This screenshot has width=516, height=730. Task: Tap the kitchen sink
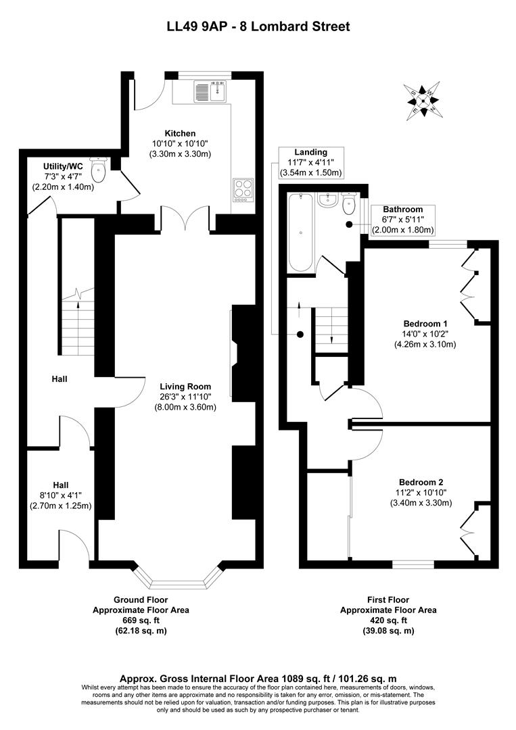(x=210, y=91)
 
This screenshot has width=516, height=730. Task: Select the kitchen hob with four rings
(x=243, y=190)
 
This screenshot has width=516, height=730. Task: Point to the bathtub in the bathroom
(x=300, y=232)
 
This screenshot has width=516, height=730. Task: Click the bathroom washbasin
(x=330, y=199)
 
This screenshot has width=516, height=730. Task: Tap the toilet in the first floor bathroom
(x=350, y=203)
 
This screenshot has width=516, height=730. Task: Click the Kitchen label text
(x=180, y=133)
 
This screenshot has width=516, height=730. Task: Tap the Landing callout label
(x=310, y=153)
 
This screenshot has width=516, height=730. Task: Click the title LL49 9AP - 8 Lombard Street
(x=258, y=27)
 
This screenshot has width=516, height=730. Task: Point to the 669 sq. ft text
(x=141, y=620)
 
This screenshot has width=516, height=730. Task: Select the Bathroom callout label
(x=403, y=210)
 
